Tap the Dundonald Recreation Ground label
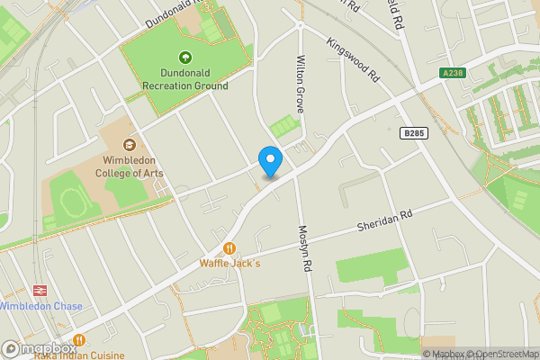[x=185, y=79]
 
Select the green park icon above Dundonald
[x=185, y=57]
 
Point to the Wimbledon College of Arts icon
[x=130, y=144]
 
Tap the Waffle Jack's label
[x=229, y=264]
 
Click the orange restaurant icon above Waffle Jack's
[x=229, y=247]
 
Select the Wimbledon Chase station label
[x=40, y=306]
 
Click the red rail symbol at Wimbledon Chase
[x=40, y=291]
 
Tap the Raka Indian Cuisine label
[x=79, y=355]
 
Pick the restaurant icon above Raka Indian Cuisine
[x=79, y=340]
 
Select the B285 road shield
[x=412, y=133]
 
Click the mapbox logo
[x=39, y=348]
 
